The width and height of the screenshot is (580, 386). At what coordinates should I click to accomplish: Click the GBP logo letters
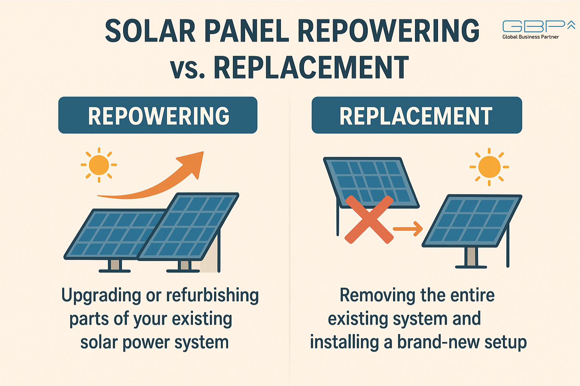tap(534, 26)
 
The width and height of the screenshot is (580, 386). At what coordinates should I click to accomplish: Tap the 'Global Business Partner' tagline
tap(531, 37)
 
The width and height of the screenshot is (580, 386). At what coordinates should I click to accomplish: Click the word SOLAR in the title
tap(150, 31)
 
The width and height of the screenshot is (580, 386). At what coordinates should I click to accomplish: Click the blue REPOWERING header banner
tap(158, 115)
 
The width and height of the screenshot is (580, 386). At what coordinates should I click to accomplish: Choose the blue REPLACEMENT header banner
tap(417, 115)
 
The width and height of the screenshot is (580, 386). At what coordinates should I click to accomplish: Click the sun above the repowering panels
tap(99, 165)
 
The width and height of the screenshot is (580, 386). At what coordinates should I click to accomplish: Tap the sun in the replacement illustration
tap(489, 167)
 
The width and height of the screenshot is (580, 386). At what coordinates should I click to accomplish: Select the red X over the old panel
tap(370, 219)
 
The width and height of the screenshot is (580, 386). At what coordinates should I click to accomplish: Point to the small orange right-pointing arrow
tap(408, 229)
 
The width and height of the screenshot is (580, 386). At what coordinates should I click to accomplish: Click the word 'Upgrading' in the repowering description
tap(101, 296)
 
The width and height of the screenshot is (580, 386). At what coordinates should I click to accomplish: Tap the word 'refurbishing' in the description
tap(212, 295)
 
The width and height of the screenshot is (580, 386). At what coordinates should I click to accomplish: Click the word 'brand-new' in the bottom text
tap(439, 342)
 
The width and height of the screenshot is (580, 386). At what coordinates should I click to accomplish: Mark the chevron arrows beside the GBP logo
tap(571, 25)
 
